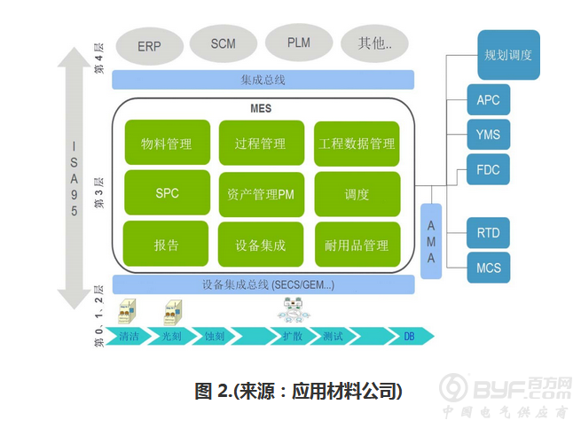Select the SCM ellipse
tap(224, 43)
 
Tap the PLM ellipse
tap(299, 43)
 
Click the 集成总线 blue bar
tap(263, 80)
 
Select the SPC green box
tap(167, 194)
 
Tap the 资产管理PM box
tap(261, 194)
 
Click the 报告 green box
tap(167, 245)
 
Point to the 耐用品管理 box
tap(357, 245)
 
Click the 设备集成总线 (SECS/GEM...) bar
tap(263, 285)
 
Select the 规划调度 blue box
tap(508, 55)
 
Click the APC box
tap(489, 100)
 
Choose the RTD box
tap(489, 233)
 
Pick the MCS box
tap(489, 267)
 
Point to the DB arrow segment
tap(412, 337)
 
